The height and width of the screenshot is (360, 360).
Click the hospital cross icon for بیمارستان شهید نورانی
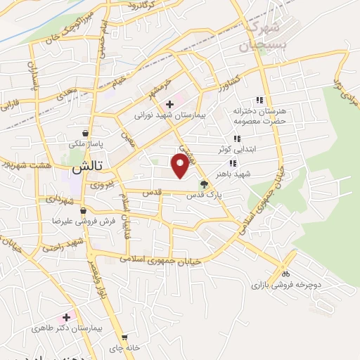(169, 104)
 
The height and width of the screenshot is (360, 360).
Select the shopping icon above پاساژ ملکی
(85, 133)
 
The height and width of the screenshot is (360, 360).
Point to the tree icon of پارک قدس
(204, 185)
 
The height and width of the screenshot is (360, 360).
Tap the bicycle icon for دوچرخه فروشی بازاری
(285, 273)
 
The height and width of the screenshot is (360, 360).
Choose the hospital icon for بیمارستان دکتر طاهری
(67, 318)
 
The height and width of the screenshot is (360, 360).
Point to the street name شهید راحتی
(62, 246)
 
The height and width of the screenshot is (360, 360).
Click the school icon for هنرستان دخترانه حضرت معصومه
(259, 100)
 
